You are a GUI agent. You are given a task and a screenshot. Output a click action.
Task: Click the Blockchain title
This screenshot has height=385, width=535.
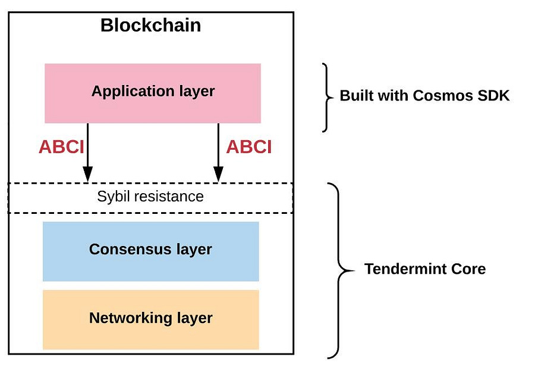pyautogui.click(x=150, y=25)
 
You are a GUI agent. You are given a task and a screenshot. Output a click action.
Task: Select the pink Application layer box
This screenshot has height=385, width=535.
pyautogui.click(x=153, y=93)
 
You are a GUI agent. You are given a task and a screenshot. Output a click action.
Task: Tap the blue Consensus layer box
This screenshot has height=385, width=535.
pyautogui.click(x=151, y=251)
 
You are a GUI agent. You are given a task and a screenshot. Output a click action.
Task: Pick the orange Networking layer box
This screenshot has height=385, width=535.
pyautogui.click(x=151, y=320)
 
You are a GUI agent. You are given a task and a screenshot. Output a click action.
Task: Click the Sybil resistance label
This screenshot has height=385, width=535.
pyautogui.click(x=150, y=197)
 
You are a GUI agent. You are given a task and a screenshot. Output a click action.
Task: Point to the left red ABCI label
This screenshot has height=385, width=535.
pyautogui.click(x=61, y=147)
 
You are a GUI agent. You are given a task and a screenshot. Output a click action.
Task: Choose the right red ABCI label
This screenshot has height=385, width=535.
pyautogui.click(x=249, y=147)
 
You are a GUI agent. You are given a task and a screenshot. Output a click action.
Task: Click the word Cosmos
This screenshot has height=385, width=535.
pyautogui.click(x=442, y=96)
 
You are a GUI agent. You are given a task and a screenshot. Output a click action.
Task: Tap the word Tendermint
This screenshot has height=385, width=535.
pyautogui.click(x=405, y=269)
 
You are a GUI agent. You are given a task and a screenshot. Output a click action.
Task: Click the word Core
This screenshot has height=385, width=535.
pyautogui.click(x=468, y=269)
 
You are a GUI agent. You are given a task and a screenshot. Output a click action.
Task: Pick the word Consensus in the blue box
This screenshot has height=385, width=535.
pyautogui.click(x=130, y=250)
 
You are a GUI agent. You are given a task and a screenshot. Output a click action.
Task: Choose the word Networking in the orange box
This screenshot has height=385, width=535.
pyautogui.click(x=130, y=318)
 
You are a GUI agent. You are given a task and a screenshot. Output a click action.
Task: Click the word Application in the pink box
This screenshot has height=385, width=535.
pyautogui.click(x=133, y=91)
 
